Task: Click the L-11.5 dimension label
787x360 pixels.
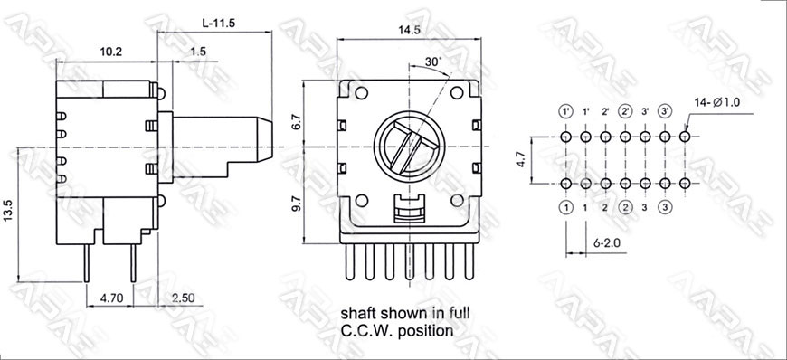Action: [x=219, y=24]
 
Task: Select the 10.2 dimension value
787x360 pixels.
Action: [x=111, y=52]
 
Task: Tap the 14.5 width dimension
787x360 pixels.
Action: [x=409, y=30]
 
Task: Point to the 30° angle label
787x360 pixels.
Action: [x=433, y=62]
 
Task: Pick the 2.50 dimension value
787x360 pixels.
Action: [x=183, y=298]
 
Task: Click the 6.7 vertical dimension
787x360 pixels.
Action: [x=296, y=123]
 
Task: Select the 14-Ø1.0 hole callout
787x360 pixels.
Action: [x=717, y=102]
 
